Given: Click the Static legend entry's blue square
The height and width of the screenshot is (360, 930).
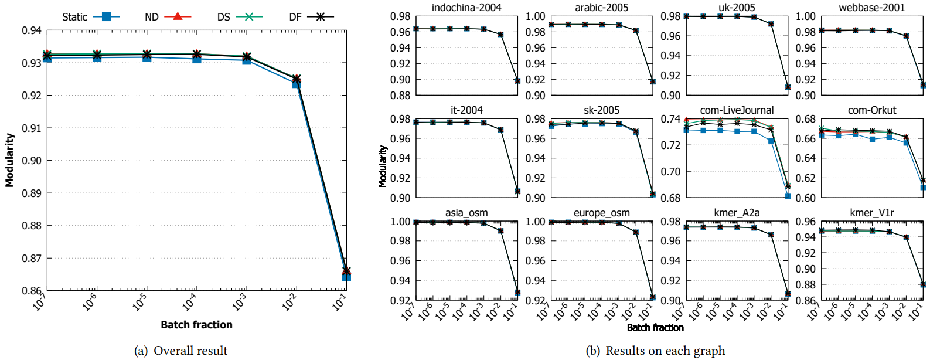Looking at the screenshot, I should pyautogui.click(x=106, y=17).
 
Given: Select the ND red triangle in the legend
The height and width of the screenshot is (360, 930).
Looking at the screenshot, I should pyautogui.click(x=178, y=16).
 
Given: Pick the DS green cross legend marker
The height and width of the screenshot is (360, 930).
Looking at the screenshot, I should pyautogui.click(x=249, y=16).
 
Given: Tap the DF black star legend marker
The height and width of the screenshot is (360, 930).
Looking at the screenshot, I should pyautogui.click(x=320, y=16).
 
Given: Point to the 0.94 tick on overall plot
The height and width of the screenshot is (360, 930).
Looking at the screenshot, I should pyautogui.click(x=32, y=30).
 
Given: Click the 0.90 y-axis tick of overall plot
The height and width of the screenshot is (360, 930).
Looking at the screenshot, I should pyautogui.click(x=32, y=161).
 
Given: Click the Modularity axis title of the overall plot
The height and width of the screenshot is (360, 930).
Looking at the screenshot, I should pyautogui.click(x=9, y=160).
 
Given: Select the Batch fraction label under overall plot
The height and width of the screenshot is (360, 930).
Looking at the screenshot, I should pyautogui.click(x=196, y=325).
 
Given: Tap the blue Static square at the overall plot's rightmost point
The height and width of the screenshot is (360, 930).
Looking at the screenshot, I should pyautogui.click(x=346, y=276).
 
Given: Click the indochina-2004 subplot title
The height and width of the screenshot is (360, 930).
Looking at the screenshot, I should pyautogui.click(x=466, y=8).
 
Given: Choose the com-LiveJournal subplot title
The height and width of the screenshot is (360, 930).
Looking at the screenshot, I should pyautogui.click(x=737, y=110).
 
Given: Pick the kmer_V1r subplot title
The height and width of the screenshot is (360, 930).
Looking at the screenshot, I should pyautogui.click(x=872, y=213).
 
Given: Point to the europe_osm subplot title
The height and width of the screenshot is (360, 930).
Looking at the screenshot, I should pyautogui.click(x=602, y=213).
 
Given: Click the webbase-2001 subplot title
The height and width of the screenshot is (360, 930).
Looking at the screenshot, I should pyautogui.click(x=872, y=8).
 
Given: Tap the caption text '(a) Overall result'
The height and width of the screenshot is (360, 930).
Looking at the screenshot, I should pyautogui.click(x=181, y=351).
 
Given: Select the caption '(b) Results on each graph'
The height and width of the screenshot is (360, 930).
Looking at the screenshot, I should pyautogui.click(x=656, y=351).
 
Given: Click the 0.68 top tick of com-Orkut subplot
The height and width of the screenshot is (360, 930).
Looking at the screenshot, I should pyautogui.click(x=806, y=119).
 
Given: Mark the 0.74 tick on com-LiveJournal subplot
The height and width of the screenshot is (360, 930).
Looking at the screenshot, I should pyautogui.click(x=670, y=119).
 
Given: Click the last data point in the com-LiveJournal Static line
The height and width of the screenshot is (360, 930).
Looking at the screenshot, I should pyautogui.click(x=788, y=196).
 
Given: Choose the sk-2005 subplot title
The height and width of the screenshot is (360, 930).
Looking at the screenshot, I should pyautogui.click(x=602, y=110).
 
